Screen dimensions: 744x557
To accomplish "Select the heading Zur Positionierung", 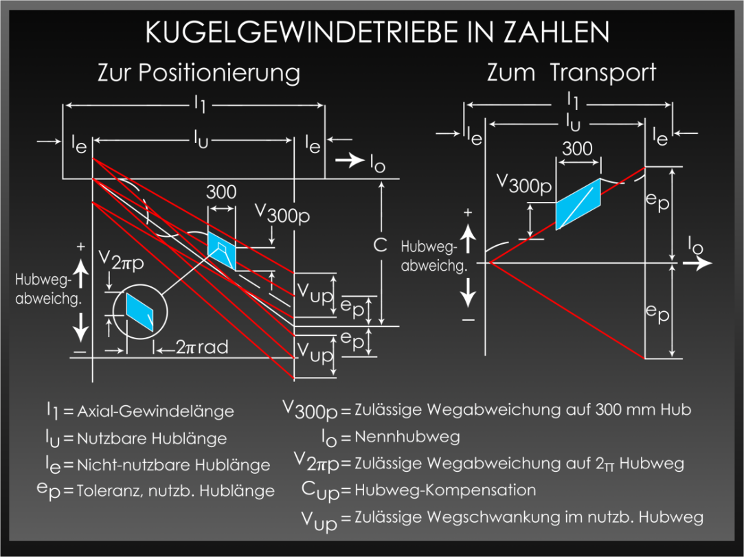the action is coord(199,73).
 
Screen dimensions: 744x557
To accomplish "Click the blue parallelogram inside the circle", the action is coord(139,311).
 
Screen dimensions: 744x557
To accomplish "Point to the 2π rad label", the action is coord(202,348).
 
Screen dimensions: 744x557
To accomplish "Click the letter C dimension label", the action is coord(380,245).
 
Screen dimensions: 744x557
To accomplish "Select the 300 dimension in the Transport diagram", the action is coord(577,148).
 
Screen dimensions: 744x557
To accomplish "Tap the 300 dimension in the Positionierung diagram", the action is coord(221,192).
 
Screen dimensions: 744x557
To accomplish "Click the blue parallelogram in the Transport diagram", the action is coord(578,204).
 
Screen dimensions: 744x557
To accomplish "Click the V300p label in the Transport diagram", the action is coord(524,184).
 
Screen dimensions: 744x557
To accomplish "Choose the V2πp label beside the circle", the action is coord(121,260).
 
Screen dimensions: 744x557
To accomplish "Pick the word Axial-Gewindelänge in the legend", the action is coord(156,411).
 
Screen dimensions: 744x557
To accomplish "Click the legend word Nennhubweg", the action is coord(407,437).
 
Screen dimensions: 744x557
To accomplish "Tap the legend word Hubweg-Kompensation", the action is coord(445,490).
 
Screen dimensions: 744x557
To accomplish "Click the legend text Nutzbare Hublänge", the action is coord(152,438).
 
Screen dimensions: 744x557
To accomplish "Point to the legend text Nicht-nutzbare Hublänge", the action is coord(173,465).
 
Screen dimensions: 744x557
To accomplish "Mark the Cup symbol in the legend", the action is coord(320,492).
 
